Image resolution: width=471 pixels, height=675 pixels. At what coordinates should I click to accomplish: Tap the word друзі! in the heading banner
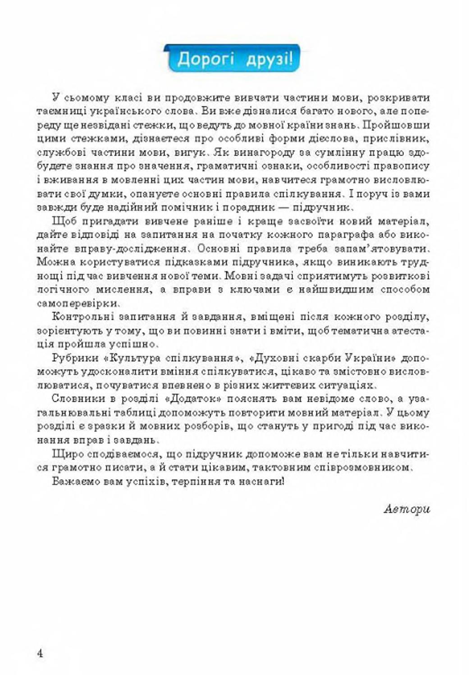[x=269, y=59]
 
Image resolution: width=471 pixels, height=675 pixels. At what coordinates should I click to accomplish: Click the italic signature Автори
[x=407, y=509]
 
